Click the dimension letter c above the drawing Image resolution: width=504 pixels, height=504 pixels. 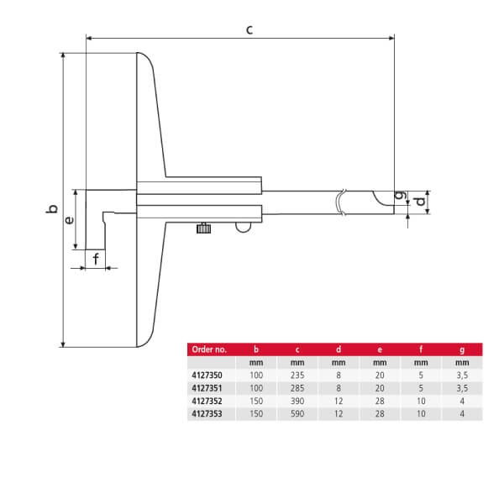click(x=249, y=29)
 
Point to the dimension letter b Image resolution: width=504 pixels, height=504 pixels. click(x=52, y=208)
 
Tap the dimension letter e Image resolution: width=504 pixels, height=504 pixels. click(x=69, y=220)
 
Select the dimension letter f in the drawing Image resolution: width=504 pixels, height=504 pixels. click(x=96, y=259)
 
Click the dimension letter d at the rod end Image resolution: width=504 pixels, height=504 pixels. click(x=420, y=202)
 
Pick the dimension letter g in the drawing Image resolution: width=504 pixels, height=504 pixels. click(x=401, y=195)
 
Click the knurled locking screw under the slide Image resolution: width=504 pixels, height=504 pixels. click(x=203, y=228)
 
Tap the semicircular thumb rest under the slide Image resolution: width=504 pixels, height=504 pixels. click(x=244, y=228)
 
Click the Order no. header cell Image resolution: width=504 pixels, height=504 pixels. click(x=209, y=349)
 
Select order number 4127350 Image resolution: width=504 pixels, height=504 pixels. click(x=207, y=375)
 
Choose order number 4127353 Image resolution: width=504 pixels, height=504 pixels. click(x=207, y=413)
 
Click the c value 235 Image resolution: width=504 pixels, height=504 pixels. click(x=297, y=375)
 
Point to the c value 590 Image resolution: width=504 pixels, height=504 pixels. click(x=297, y=413)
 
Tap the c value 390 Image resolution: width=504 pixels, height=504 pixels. click(x=297, y=401)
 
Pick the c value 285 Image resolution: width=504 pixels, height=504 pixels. click(x=297, y=388)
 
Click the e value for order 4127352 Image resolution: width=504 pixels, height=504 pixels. click(x=380, y=401)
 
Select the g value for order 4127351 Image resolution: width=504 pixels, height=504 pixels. click(x=462, y=388)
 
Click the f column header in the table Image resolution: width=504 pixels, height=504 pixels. click(x=421, y=349)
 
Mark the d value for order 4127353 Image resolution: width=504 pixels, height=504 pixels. click(x=339, y=413)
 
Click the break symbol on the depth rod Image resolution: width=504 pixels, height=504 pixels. click(x=341, y=202)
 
